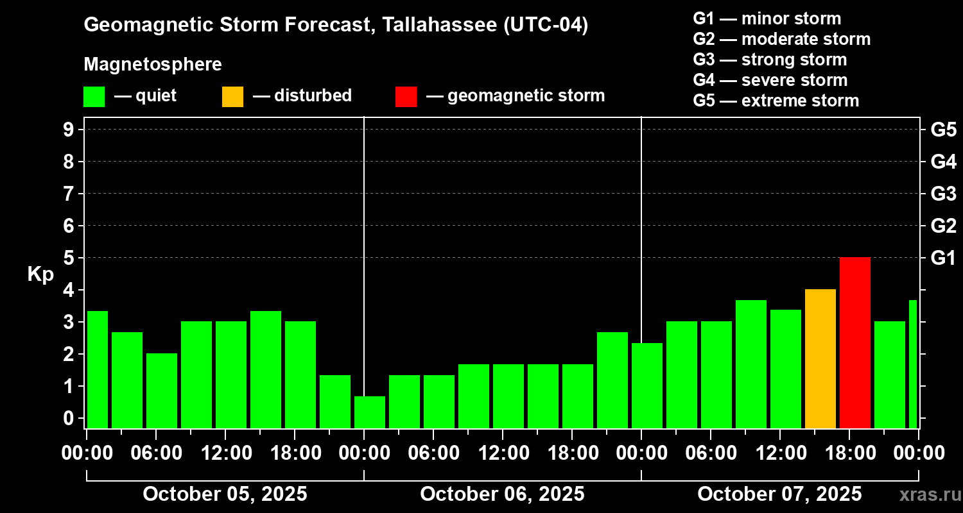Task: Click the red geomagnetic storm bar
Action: pyautogui.click(x=855, y=342)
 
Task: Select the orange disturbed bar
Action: pyautogui.click(x=820, y=358)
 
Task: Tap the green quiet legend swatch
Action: pyautogui.click(x=94, y=96)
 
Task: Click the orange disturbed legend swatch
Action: pyautogui.click(x=232, y=96)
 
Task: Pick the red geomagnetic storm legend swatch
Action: pyautogui.click(x=406, y=96)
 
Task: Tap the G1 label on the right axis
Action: pyautogui.click(x=943, y=258)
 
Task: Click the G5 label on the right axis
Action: pyautogui.click(x=943, y=130)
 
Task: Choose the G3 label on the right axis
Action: pyautogui.click(x=943, y=194)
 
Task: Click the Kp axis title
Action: pyautogui.click(x=40, y=274)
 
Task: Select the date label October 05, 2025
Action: pyautogui.click(x=225, y=494)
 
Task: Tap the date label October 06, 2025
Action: pyautogui.click(x=502, y=494)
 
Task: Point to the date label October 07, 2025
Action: pyautogui.click(x=779, y=494)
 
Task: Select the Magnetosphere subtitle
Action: pyautogui.click(x=153, y=65)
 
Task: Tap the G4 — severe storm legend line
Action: pyautogui.click(x=770, y=80)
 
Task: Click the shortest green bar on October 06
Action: pyautogui.click(x=370, y=412)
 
